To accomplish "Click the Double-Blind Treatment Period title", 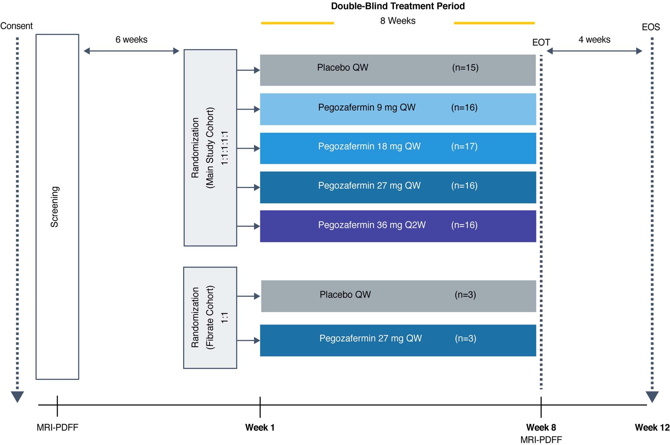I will click(x=398, y=6).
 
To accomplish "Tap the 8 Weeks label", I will click(x=398, y=21).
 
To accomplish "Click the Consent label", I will click(x=16, y=26).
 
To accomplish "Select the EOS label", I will click(x=651, y=27).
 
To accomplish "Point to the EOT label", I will click(x=541, y=43).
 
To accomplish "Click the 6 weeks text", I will click(x=131, y=40).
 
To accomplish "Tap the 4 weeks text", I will click(x=594, y=40).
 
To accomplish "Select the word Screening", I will click(x=55, y=207).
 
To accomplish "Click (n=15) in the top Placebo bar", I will click(x=465, y=68).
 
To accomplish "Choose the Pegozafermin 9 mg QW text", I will click(x=367, y=107).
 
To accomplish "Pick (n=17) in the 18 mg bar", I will click(x=464, y=146).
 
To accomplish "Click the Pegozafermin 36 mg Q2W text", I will click(x=371, y=225).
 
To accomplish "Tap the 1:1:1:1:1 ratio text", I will click(x=225, y=148).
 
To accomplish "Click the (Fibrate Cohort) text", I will click(x=210, y=317).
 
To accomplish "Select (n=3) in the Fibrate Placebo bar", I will click(x=465, y=294).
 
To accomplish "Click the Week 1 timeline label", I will click(x=260, y=427).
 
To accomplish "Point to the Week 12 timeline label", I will click(x=652, y=427).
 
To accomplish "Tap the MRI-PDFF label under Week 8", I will click(x=541, y=440).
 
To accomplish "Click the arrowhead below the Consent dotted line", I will click(x=17, y=396).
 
